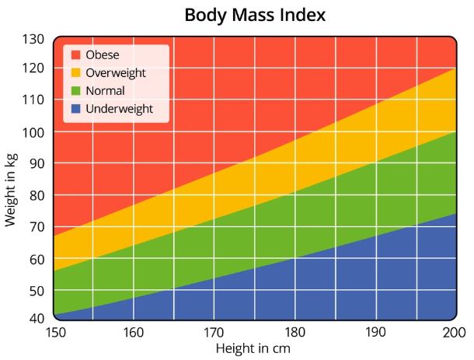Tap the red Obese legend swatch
tap(75, 55)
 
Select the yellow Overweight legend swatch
tap(75, 73)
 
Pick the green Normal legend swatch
tap(75, 91)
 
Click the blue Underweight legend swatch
tap(75, 109)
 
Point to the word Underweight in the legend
tap(120, 110)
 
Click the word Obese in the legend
tap(104, 55)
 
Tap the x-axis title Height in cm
tap(253, 348)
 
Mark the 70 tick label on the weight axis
tap(37, 227)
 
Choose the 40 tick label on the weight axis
tap(37, 318)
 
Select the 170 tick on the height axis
tap(214, 333)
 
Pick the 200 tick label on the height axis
tap(452, 333)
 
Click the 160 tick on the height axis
tap(134, 333)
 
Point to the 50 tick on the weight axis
tap(37, 290)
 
